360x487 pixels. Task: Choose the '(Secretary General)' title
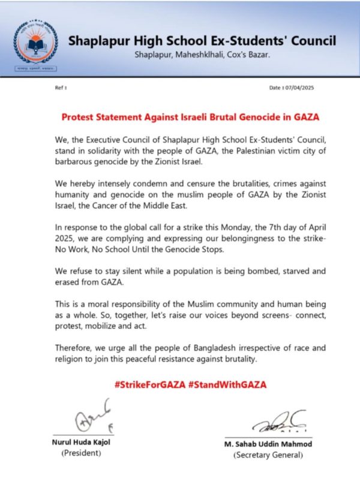[x=268, y=456]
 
